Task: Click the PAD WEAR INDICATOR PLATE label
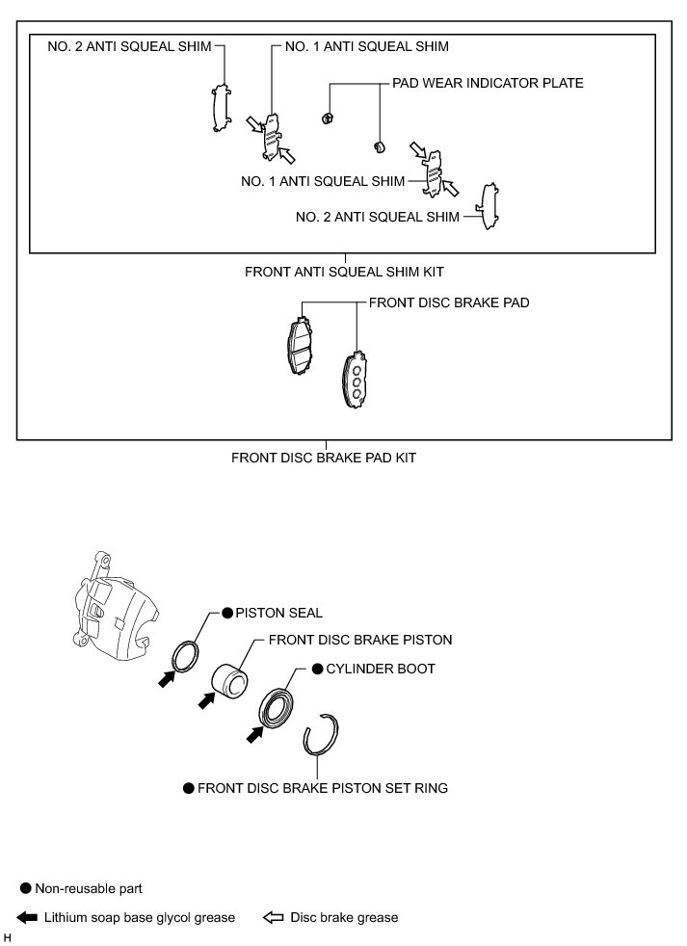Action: (487, 84)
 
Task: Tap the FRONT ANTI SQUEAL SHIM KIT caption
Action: (344, 272)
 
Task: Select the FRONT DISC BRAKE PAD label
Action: (449, 302)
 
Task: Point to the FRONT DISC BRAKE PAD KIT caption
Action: (324, 458)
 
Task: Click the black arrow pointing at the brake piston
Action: (205, 700)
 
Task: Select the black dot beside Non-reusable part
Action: (26, 887)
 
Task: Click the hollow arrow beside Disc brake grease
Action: (273, 917)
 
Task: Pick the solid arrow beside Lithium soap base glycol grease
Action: (27, 917)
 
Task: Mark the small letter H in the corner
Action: (8, 937)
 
